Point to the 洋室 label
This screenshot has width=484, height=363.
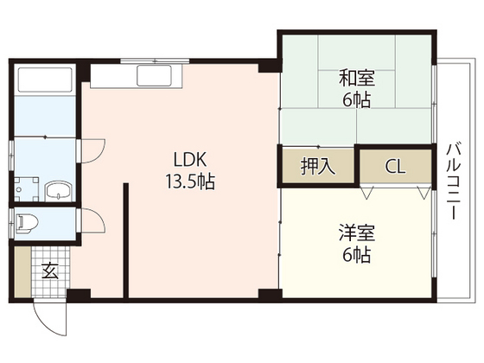pos(354,232)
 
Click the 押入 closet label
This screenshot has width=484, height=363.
pos(315,165)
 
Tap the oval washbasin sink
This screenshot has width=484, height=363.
pos(59,191)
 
